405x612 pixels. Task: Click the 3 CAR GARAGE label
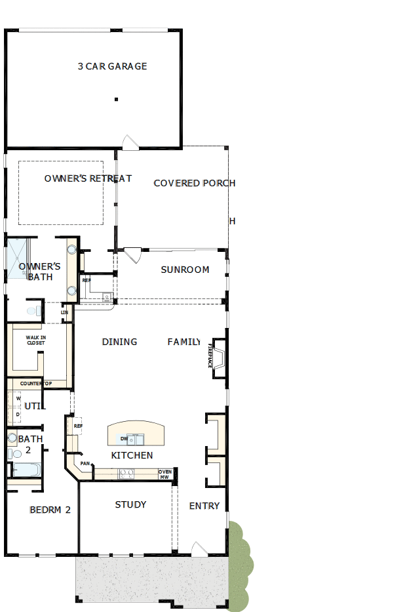click(112, 66)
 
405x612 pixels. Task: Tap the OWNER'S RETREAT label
click(88, 178)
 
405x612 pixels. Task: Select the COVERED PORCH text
click(194, 183)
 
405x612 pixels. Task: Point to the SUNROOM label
click(185, 270)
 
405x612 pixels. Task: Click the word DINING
click(119, 342)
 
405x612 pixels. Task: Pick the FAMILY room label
click(183, 342)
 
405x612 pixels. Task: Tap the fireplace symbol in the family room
click(219, 358)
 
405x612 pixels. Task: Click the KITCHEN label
click(132, 455)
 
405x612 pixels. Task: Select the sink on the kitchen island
click(136, 438)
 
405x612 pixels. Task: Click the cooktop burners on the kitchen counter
click(126, 473)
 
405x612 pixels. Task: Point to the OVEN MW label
click(165, 474)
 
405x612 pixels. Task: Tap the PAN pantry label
click(85, 464)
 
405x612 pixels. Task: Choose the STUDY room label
click(130, 504)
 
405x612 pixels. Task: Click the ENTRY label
click(204, 506)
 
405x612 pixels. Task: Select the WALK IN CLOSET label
click(36, 340)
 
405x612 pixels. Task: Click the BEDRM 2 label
click(50, 510)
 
